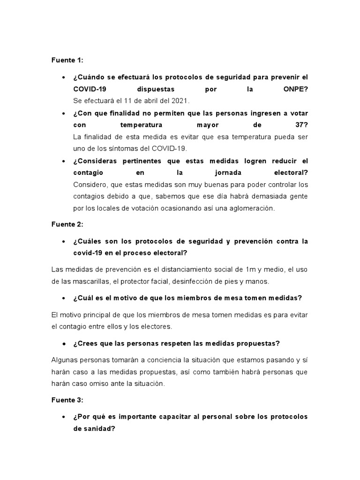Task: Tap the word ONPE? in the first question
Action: (294, 89)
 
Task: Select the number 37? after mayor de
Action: (299, 125)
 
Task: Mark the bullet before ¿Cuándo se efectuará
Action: (63, 77)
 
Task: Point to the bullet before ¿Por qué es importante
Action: (63, 417)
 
